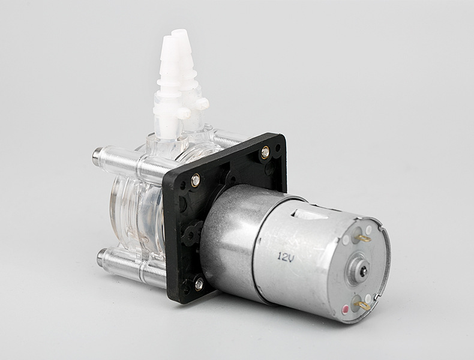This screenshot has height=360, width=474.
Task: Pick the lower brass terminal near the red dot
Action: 363,305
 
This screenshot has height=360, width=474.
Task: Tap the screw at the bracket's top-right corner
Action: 265,152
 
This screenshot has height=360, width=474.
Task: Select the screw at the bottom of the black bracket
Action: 199,283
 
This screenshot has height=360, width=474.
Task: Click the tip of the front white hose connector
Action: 167,41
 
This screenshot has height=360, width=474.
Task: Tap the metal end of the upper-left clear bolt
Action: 97,158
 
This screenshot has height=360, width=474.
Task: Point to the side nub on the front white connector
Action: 185,112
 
